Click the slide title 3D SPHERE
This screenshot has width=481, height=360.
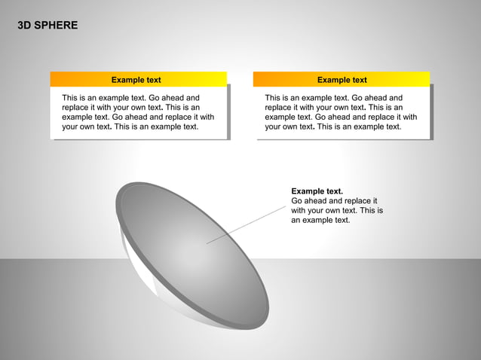pyautogui.click(x=47, y=26)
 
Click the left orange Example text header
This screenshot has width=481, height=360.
pyautogui.click(x=136, y=80)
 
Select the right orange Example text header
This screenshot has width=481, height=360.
pyautogui.click(x=342, y=80)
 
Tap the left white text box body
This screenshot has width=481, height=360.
pyautogui.click(x=139, y=112)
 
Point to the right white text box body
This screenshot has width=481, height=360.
pyautogui.click(x=342, y=112)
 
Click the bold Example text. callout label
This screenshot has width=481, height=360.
pyautogui.click(x=317, y=191)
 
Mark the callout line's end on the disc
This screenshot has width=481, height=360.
pyautogui.click(x=207, y=243)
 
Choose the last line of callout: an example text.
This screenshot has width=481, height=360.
pyautogui.click(x=320, y=220)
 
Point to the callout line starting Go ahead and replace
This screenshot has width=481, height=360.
pyautogui.click(x=334, y=201)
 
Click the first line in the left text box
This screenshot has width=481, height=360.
pyautogui.click(x=130, y=98)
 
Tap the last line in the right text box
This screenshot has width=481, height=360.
pyautogui.click(x=333, y=127)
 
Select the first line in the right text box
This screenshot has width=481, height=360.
pyautogui.click(x=333, y=98)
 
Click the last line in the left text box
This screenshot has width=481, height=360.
pyautogui.click(x=130, y=127)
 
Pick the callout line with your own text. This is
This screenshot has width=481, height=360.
pyautogui.click(x=336, y=211)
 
